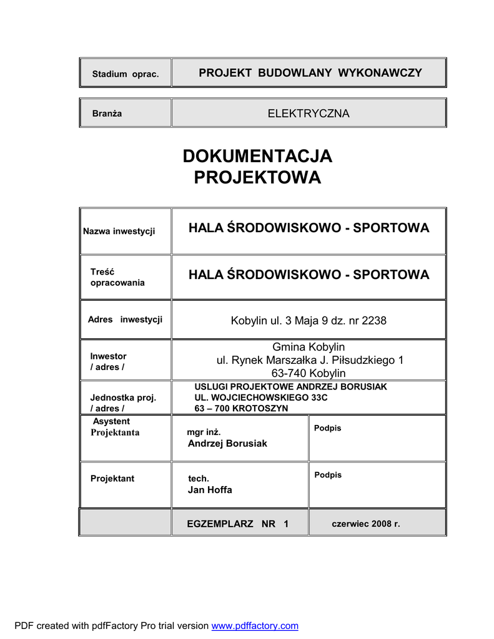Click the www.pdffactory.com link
[x=255, y=626]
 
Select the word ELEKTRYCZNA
[x=309, y=114]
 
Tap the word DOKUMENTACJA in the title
[x=257, y=156]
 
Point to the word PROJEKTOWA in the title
[x=257, y=178]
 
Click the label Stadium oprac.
[x=126, y=74]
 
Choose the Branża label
[x=107, y=114]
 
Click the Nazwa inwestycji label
[x=119, y=232]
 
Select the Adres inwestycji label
[x=125, y=319]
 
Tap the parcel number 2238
[x=374, y=321]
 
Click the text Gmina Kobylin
[x=309, y=347]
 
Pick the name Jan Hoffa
[x=210, y=490]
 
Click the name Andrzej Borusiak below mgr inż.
[x=227, y=443]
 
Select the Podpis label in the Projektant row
[x=328, y=475]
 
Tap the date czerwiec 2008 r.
[x=365, y=524]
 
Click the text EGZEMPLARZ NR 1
[x=237, y=524]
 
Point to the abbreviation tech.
[x=199, y=479]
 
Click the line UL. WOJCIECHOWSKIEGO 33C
[x=260, y=398]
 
